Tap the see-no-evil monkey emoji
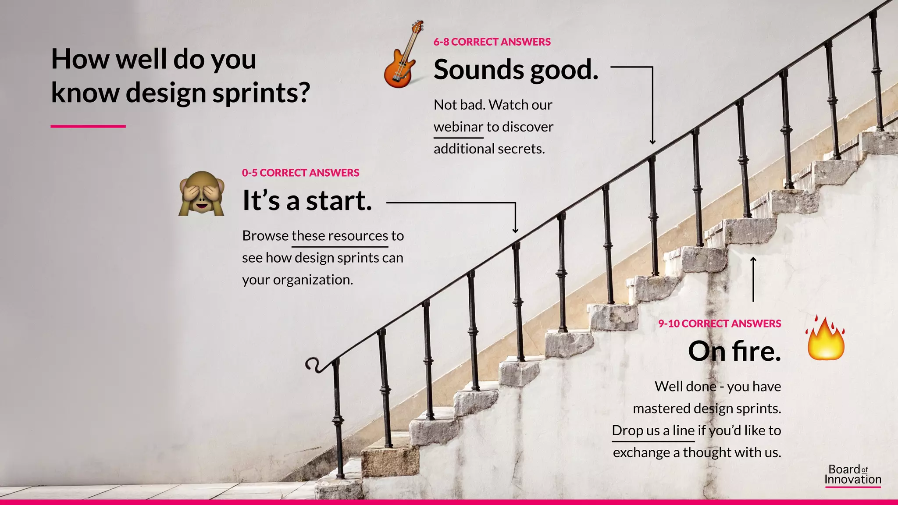pos(201,194)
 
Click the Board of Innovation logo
pos(852,475)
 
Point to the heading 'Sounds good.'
pos(516,70)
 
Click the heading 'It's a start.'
pos(307,201)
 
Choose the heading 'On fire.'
pos(734,351)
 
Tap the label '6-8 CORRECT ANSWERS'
pos(492,42)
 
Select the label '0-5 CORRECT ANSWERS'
pos(300,173)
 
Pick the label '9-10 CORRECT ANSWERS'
pos(720,324)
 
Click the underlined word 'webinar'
pos(458,127)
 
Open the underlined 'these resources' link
pos(340,236)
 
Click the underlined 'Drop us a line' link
pos(653,430)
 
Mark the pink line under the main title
pos(88,126)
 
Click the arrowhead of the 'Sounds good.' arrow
pos(652,141)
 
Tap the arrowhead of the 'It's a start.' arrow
pos(515,230)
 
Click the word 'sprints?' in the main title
pos(261,93)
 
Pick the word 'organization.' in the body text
pos(313,280)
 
